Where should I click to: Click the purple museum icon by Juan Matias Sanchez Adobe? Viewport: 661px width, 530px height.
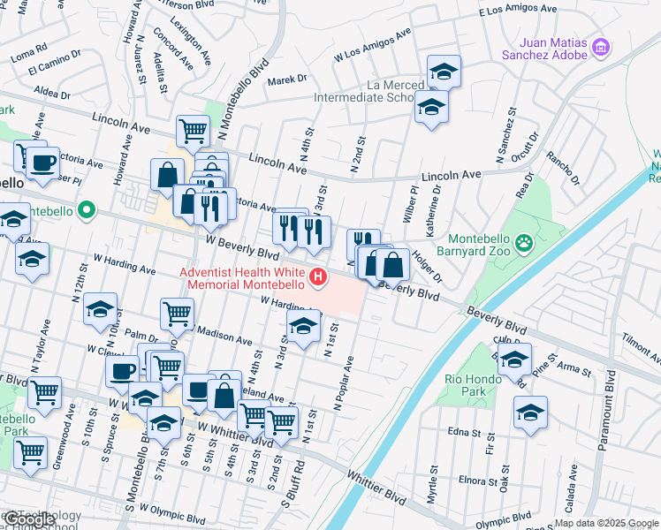point(601,47)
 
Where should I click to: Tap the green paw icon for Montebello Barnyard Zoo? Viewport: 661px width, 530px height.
point(524,240)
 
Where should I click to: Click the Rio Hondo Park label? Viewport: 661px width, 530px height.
point(467,385)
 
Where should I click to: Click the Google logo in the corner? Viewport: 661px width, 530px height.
point(30,519)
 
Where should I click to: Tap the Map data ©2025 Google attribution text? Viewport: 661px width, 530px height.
point(606,523)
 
